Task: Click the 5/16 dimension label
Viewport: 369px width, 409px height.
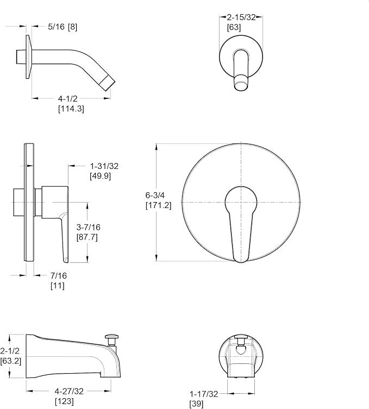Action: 56,27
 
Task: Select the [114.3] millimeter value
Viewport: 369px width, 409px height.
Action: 71,109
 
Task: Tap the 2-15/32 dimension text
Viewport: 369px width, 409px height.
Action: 241,17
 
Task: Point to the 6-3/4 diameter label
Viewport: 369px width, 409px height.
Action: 155,195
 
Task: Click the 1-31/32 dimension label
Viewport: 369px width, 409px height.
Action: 104,166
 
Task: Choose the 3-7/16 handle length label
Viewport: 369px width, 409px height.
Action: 88,227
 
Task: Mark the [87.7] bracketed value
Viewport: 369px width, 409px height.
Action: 87,237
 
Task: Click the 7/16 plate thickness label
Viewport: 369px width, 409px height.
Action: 59,275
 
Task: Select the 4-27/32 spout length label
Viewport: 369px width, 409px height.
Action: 69,391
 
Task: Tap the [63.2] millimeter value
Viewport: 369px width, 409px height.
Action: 11,361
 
